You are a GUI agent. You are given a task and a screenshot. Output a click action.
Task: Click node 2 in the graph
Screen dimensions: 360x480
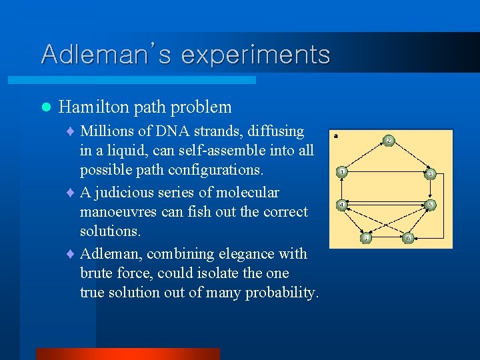[x=389, y=141]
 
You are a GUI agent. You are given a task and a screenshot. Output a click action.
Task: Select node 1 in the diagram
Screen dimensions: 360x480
[x=342, y=171]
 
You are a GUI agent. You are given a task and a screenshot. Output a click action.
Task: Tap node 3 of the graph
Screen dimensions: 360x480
[x=431, y=174]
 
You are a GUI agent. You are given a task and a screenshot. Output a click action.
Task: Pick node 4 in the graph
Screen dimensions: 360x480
[x=341, y=205]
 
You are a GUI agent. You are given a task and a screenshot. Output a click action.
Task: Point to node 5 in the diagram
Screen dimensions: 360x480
[x=431, y=205]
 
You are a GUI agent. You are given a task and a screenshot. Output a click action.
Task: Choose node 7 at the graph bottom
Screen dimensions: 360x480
[x=366, y=237]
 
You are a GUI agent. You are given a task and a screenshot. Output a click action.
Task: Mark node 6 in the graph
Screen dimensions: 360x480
[x=408, y=237]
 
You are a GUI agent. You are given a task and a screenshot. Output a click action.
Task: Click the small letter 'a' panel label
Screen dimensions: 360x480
[x=336, y=136]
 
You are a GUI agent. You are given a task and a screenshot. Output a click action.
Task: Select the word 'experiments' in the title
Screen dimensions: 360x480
[x=255, y=55]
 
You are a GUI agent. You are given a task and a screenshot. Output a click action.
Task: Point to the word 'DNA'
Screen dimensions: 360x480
[x=171, y=131]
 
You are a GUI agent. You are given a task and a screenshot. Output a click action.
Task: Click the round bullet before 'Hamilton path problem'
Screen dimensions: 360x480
[x=45, y=107]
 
